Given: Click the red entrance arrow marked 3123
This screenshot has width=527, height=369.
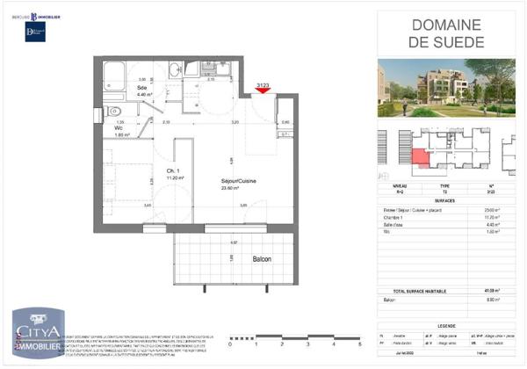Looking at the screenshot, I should point(262,90).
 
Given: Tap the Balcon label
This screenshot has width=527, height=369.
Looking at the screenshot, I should point(263,259).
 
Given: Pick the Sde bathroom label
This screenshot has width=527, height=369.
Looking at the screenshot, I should point(141,86).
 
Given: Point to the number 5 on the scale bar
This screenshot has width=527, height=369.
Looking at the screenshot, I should point(360,345).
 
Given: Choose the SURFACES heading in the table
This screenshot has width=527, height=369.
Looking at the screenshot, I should point(445,199).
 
